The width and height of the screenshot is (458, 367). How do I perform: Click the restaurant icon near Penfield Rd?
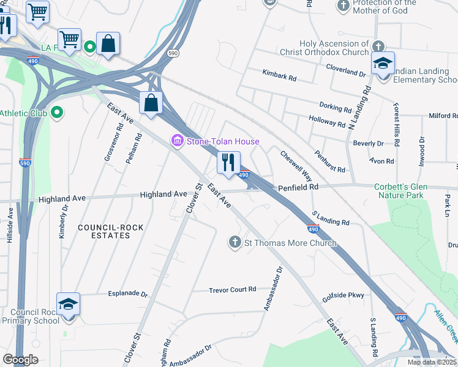[228, 163]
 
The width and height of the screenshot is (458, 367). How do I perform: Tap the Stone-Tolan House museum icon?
[178, 142]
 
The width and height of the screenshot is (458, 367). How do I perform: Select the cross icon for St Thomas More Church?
[235, 243]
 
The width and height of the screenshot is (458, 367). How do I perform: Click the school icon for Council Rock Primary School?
[68, 304]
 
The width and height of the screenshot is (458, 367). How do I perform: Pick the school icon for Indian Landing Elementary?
[383, 63]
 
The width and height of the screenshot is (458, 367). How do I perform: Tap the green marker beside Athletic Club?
[57, 113]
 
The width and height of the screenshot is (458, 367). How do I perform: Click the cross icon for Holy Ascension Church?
[378, 46]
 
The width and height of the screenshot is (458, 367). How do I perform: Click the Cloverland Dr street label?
[345, 70]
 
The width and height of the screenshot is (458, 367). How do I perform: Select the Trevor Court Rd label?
[232, 290]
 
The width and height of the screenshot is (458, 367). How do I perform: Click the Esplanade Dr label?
[128, 294]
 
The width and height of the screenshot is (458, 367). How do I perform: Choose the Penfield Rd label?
[299, 187]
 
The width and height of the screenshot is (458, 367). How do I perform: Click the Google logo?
[20, 360]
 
